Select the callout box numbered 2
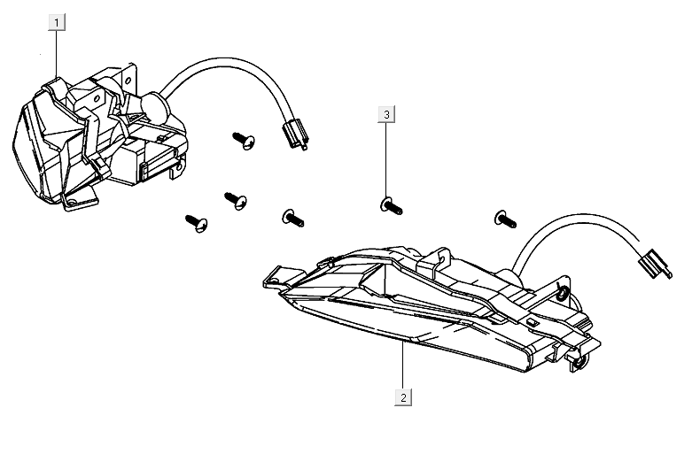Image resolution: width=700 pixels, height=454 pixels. tap(403, 397)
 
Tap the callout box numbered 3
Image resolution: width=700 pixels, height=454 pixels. tap(387, 114)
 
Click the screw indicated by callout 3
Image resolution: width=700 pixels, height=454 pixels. tap(391, 207)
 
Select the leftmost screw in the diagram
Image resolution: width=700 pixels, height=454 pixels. tap(196, 223)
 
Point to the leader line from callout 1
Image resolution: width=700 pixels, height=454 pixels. tap(57, 53)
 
